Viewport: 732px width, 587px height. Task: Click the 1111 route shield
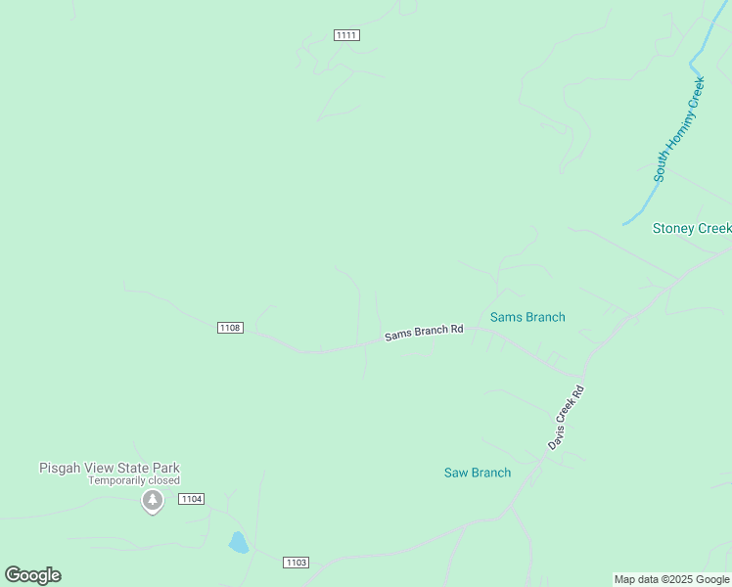(346, 35)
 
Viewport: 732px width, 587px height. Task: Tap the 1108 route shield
(230, 328)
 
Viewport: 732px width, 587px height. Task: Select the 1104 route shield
(192, 499)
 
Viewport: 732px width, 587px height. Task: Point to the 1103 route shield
(296, 562)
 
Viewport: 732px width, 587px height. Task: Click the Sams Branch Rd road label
(424, 333)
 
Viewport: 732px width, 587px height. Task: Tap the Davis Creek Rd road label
(566, 418)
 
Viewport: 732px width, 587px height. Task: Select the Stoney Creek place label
(692, 228)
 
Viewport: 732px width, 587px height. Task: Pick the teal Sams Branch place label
(527, 317)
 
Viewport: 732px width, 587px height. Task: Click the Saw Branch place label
(478, 473)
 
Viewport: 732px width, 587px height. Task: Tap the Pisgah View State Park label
(110, 468)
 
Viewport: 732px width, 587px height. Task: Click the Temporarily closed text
(134, 480)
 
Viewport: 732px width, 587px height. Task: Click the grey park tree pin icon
(152, 502)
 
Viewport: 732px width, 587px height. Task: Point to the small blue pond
(239, 543)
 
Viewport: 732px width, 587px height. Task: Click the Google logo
(32, 575)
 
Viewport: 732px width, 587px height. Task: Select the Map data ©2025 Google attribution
(672, 579)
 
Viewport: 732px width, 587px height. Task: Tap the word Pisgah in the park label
(59, 468)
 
